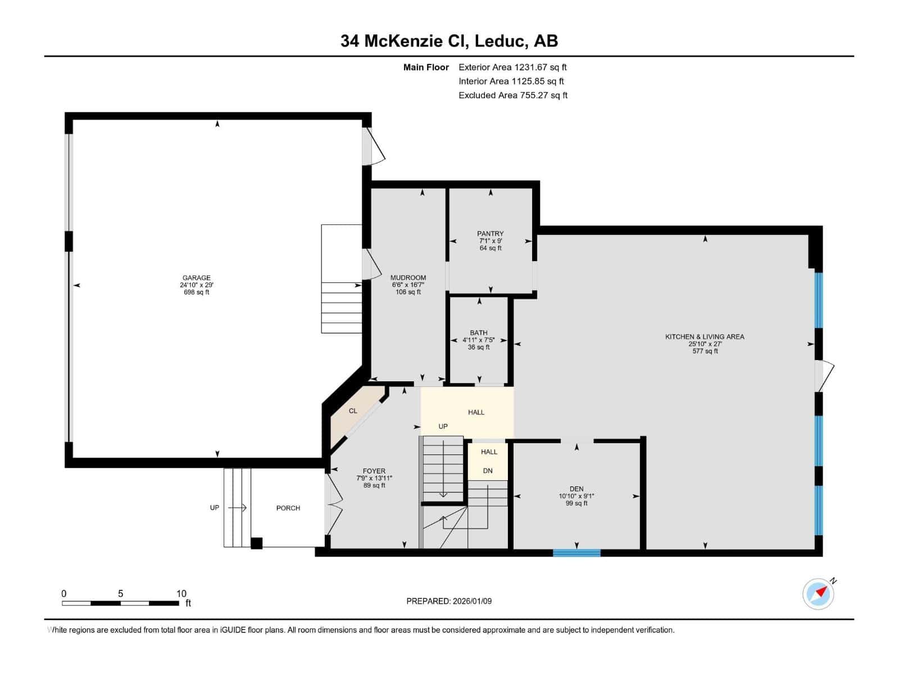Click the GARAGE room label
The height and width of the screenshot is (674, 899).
(x=196, y=277)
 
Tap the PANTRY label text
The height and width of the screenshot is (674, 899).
(x=490, y=234)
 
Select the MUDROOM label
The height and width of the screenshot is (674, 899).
(x=408, y=277)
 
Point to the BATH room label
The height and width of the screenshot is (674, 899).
(x=479, y=333)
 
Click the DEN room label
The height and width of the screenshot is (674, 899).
(x=576, y=489)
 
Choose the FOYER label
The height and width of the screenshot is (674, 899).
(x=374, y=471)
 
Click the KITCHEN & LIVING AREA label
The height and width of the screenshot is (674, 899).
(x=705, y=336)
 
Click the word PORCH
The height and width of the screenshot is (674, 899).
(x=288, y=508)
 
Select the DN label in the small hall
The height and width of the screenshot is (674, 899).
(x=488, y=471)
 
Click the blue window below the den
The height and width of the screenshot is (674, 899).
(x=576, y=553)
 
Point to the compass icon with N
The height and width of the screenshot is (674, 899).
(x=818, y=594)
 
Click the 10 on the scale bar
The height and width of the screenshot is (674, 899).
(x=181, y=594)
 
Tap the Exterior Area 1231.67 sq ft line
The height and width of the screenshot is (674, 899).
(x=512, y=67)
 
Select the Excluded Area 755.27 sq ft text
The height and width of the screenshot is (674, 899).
(x=512, y=95)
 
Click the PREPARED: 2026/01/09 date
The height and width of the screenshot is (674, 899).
(x=449, y=601)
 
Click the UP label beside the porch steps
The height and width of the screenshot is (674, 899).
(x=215, y=508)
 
